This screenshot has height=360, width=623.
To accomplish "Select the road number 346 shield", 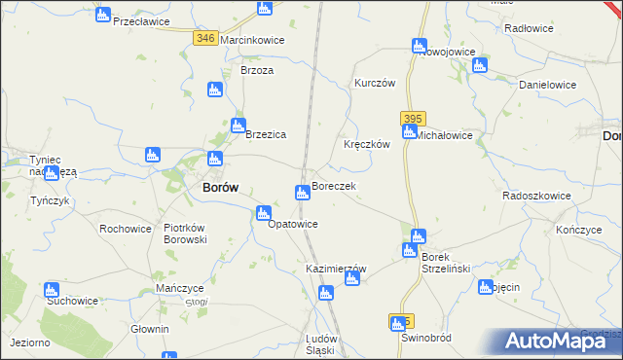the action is coord(204,38).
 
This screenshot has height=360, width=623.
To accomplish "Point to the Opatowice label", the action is coord(293,224).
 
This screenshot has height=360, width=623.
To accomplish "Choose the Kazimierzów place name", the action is coord(336,269).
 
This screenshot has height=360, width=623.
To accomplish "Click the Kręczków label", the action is coord(367,144).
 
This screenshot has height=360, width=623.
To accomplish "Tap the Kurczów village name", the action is coord(375,84).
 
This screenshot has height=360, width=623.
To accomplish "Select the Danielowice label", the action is coord(548,86).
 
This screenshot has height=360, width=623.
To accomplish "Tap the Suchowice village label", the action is coord(72,301).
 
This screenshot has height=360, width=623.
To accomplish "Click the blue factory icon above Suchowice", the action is coord(51,290).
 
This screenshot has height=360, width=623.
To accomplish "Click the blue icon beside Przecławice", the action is coord(103,15).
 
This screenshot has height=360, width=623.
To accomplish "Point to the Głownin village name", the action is coord(150,329).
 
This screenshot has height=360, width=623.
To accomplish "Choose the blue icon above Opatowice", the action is coord(262,213).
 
